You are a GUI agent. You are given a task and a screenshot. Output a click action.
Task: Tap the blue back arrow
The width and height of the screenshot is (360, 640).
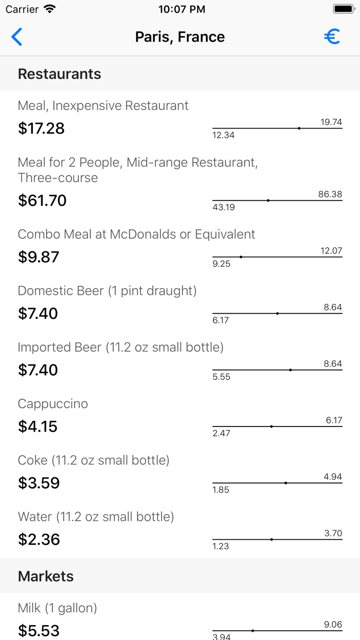(x=17, y=37)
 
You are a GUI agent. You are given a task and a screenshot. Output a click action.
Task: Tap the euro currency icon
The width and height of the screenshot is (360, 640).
(x=332, y=37)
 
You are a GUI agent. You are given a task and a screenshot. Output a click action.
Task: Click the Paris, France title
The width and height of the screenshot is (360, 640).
(x=180, y=37)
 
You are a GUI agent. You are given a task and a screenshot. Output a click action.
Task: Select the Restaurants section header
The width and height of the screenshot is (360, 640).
(x=60, y=74)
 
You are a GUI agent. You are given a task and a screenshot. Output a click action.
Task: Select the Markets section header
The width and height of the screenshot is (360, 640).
(x=46, y=576)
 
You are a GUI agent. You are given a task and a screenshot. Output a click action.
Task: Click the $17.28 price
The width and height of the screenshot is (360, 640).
(x=41, y=128)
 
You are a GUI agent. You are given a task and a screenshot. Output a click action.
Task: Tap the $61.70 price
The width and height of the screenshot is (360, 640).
(x=42, y=200)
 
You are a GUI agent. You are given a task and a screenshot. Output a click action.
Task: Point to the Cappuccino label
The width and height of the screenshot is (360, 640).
(x=53, y=404)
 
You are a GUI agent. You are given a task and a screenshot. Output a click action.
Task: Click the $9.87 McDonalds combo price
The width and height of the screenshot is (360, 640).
(x=39, y=257)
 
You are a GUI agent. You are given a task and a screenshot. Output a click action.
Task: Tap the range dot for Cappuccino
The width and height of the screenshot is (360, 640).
(x=272, y=426)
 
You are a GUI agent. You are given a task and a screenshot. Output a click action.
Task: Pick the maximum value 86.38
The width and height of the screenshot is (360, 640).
(x=330, y=194)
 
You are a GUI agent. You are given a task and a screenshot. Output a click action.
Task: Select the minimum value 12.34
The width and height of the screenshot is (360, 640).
(x=223, y=135)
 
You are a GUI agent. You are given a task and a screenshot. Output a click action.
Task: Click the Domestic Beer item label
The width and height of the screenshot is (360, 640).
(x=107, y=291)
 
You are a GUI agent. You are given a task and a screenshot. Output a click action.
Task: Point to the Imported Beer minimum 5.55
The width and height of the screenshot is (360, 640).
(x=221, y=377)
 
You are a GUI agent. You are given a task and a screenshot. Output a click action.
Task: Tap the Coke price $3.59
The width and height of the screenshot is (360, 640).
(x=39, y=483)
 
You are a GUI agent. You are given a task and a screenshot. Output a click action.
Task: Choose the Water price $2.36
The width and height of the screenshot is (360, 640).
(x=39, y=540)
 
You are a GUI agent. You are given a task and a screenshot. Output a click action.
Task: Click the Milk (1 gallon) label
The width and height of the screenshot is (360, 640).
(x=58, y=608)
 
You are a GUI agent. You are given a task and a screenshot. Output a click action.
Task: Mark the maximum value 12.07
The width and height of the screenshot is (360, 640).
(x=331, y=251)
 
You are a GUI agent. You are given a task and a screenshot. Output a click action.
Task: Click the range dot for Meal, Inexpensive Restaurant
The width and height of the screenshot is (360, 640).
(x=299, y=128)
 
